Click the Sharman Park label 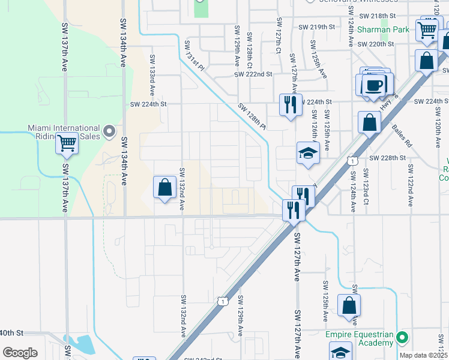383,29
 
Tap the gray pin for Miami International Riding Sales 109,131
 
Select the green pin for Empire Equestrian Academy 402,338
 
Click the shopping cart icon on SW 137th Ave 67,143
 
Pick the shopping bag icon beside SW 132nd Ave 164,187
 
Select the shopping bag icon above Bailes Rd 370,122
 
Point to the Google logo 19,353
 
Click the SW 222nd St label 253,74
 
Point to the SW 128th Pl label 252,116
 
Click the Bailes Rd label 401,136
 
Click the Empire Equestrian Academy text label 360,338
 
